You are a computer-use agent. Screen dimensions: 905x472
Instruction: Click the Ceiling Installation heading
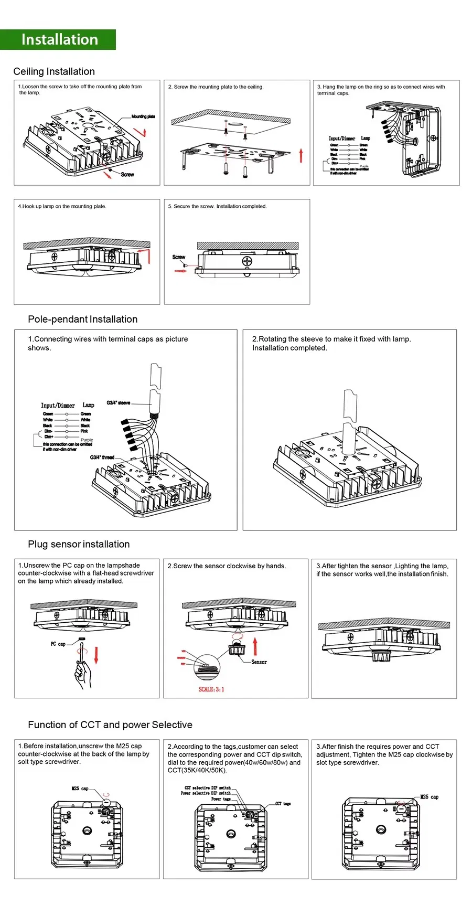pyautogui.click(x=54, y=71)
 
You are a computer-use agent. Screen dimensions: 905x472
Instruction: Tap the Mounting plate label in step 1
pyautogui.click(x=143, y=116)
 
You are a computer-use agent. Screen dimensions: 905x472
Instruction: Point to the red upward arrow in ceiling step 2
pyautogui.click(x=301, y=155)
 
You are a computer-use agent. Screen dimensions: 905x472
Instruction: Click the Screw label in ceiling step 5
pyautogui.click(x=178, y=257)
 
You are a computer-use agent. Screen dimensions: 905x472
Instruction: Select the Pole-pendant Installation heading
pyautogui.click(x=82, y=319)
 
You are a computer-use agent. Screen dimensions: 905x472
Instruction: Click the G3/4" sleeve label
pyautogui.click(x=118, y=403)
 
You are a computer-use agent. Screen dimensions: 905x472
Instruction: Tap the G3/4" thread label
pyautogui.click(x=102, y=457)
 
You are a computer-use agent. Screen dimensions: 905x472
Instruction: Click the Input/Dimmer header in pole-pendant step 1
pyautogui.click(x=58, y=406)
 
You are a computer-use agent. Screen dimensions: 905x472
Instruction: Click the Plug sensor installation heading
pyautogui.click(x=79, y=544)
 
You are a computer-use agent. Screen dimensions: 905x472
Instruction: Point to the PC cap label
pyautogui.click(x=58, y=644)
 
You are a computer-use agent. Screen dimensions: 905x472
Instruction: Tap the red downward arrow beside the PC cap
pyautogui.click(x=96, y=655)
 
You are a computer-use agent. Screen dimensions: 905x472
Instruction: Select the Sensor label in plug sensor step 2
pyautogui.click(x=259, y=662)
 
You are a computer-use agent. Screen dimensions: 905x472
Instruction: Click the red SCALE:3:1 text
pyautogui.click(x=211, y=689)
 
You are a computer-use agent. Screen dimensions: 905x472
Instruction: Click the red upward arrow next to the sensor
pyautogui.click(x=255, y=646)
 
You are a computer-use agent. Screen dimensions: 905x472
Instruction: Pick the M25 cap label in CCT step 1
pyautogui.click(x=80, y=789)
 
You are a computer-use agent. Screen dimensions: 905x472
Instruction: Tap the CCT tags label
pyautogui.click(x=283, y=803)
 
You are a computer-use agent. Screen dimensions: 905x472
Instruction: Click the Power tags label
pyautogui.click(x=221, y=799)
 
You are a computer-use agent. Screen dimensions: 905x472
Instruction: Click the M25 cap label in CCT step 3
pyautogui.click(x=429, y=797)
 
